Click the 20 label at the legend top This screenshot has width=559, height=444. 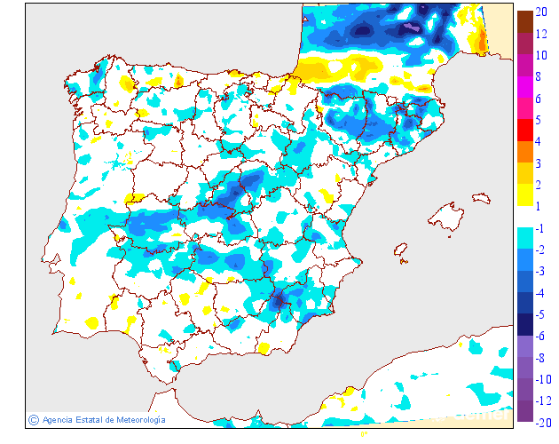tap(541, 12)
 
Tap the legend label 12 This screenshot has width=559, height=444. tap(541, 34)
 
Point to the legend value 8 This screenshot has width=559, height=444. tap(540, 76)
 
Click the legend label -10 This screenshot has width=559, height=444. tap(542, 379)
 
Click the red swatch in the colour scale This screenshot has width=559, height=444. tap(524, 130)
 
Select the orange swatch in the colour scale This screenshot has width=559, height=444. tap(524, 151)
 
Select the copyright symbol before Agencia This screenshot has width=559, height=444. tap(33, 419)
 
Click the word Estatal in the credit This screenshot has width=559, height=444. tap(88, 419)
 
